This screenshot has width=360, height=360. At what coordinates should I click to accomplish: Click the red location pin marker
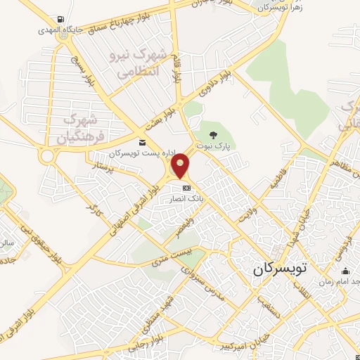181,166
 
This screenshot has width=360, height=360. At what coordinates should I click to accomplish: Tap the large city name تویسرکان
279,269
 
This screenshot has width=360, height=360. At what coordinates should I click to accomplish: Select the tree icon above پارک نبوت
214,135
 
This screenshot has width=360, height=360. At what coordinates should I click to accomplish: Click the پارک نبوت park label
214,147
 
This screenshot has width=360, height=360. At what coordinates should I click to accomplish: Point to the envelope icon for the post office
142,143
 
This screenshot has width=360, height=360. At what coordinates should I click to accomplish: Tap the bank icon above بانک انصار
186,188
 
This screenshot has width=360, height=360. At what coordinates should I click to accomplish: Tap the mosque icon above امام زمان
345,271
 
